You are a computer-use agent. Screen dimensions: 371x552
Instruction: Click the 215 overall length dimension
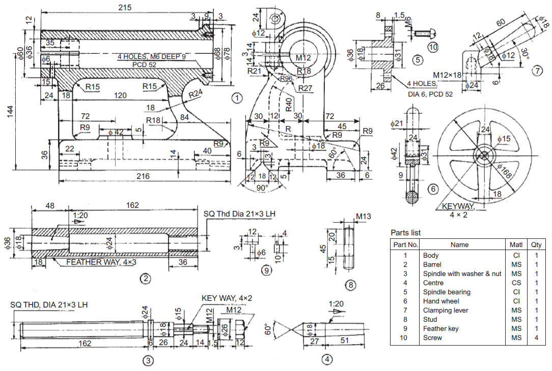[x=124, y=8]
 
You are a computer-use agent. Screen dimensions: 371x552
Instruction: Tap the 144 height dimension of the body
[x=10, y=115]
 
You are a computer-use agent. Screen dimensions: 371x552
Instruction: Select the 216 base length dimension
[x=143, y=176]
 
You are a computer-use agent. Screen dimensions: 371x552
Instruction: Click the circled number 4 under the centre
[x=327, y=359]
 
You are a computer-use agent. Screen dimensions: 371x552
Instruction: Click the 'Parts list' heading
[x=406, y=233]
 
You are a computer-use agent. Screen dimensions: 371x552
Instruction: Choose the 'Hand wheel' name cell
[x=440, y=301]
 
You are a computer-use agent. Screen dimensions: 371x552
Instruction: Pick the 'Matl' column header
[x=516, y=244]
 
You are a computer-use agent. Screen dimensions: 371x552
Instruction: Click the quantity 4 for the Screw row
[x=536, y=337]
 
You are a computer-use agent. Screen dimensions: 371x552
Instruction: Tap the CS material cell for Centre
[x=516, y=283]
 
